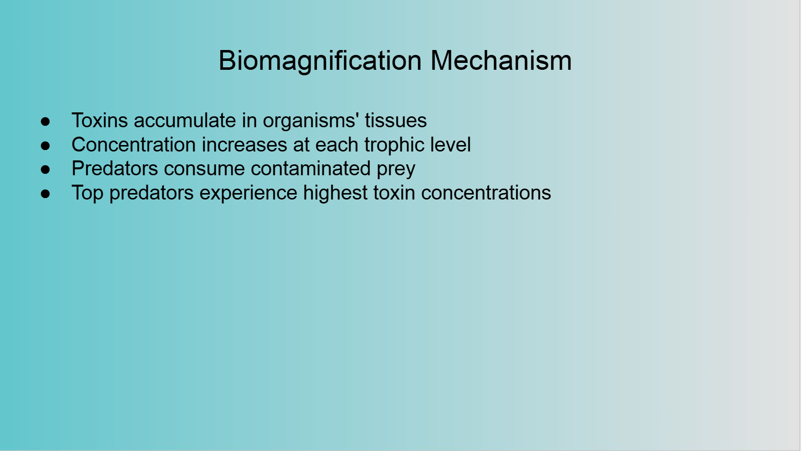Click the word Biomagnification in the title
click(x=320, y=61)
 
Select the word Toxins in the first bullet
click(x=100, y=120)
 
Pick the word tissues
click(x=396, y=120)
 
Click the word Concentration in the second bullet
click(x=134, y=145)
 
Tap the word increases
click(x=245, y=145)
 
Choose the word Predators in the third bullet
click(x=114, y=169)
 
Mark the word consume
click(x=204, y=169)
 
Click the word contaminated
click(x=311, y=169)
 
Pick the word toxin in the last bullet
click(x=394, y=193)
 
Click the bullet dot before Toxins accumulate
click(x=45, y=121)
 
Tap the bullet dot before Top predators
click(x=45, y=194)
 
